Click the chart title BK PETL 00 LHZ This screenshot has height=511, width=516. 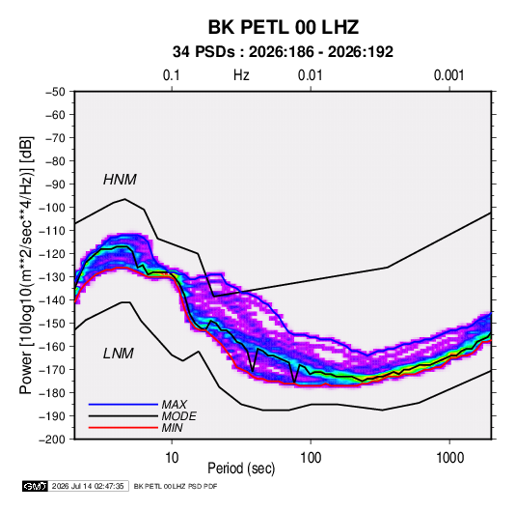pyautogui.click(x=283, y=27)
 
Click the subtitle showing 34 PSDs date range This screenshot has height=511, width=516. pyautogui.click(x=283, y=52)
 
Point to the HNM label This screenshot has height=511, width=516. pyautogui.click(x=120, y=180)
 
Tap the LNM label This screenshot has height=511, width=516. pyautogui.click(x=119, y=354)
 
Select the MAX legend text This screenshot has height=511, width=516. pyautogui.click(x=174, y=405)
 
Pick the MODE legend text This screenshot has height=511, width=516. pyautogui.click(x=179, y=416)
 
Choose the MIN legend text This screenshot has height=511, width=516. pyautogui.click(x=172, y=428)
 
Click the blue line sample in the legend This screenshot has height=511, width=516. pyautogui.click(x=123, y=405)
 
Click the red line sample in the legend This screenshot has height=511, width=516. pyautogui.click(x=123, y=428)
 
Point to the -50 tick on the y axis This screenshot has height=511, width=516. pyautogui.click(x=56, y=92)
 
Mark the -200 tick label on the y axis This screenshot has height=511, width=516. pyautogui.click(x=53, y=440)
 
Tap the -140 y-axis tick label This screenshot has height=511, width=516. pyautogui.click(x=53, y=300)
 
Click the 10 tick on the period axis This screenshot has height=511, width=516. pyautogui.click(x=172, y=458)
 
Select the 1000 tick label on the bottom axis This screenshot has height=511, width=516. pyautogui.click(x=449, y=458)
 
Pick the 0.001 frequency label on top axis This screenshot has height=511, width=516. pyautogui.click(x=448, y=75)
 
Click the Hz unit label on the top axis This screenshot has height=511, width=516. pyautogui.click(x=241, y=75)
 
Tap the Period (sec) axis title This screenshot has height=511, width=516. pyautogui.click(x=241, y=468)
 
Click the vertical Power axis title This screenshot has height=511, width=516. pyautogui.click(x=26, y=265)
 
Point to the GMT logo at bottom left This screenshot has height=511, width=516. pyautogui.click(x=36, y=486)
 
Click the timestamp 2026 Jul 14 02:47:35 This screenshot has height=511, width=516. pyautogui.click(x=88, y=486)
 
